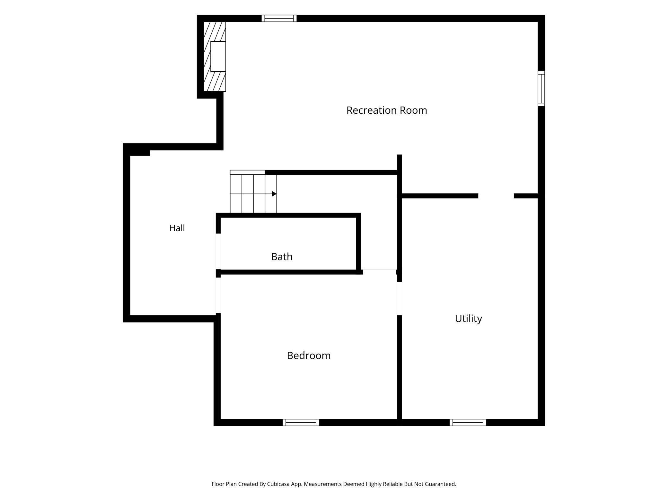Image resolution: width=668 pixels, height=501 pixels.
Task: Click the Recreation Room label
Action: [x=387, y=110]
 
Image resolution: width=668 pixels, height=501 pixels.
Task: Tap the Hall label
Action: [x=177, y=228]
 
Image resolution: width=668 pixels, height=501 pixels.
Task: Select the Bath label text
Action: [x=282, y=257]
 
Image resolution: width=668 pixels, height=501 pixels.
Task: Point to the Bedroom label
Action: [x=309, y=356]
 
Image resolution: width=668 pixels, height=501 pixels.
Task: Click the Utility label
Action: [x=468, y=319]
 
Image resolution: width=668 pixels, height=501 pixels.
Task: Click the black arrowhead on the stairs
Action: [x=274, y=194]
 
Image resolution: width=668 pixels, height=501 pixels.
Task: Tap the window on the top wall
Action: [x=279, y=18]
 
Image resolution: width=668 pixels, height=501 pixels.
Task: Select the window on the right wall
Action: [x=541, y=89]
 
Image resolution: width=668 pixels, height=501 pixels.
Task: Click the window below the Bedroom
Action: [x=301, y=422]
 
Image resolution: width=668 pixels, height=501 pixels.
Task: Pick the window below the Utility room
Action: [x=468, y=422]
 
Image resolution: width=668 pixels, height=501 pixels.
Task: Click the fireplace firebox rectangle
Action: [x=218, y=57]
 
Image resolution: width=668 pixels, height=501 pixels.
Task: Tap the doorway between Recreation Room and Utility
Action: [x=496, y=196]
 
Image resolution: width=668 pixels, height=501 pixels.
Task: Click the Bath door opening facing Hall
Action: [x=218, y=251]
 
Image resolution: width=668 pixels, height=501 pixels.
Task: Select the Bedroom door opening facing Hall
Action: [x=218, y=295]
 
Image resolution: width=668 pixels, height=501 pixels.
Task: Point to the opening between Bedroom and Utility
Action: [x=400, y=298]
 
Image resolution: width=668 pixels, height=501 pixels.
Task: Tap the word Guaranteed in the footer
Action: [x=440, y=484]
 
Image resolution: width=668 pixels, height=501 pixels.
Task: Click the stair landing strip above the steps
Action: [x=247, y=172]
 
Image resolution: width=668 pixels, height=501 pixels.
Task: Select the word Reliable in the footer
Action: [x=393, y=484]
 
